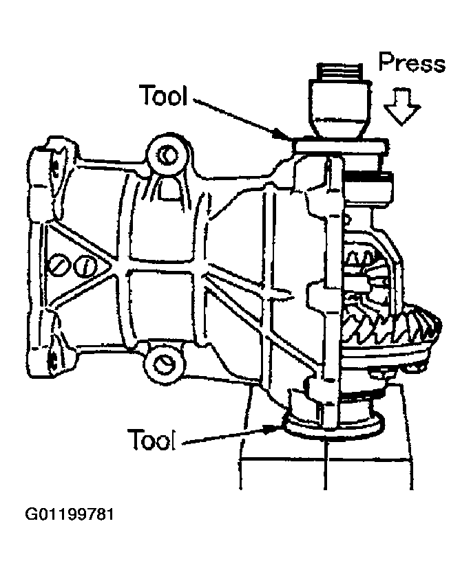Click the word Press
tap(412, 64)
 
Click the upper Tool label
tap(163, 96)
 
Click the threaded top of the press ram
tap(338, 71)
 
